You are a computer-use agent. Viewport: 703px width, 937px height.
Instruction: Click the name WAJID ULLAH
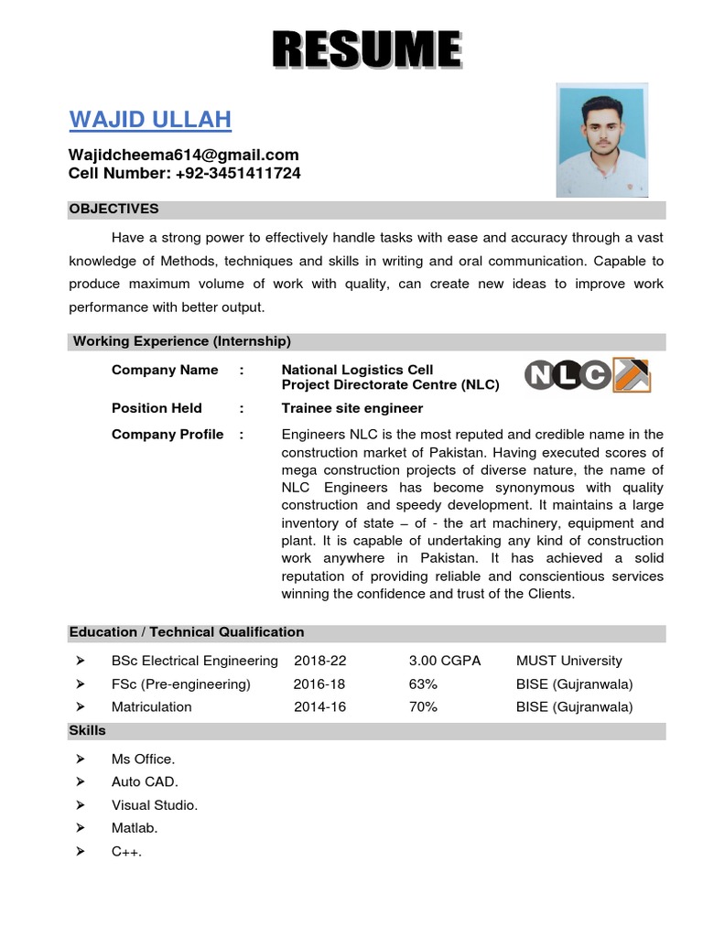click(150, 120)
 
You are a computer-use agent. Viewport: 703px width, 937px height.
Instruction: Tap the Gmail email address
click(184, 155)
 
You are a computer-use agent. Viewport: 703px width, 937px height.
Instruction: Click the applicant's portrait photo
click(602, 140)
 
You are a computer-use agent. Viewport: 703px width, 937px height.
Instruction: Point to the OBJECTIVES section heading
click(114, 209)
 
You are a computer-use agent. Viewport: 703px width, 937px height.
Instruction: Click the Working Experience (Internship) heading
click(181, 341)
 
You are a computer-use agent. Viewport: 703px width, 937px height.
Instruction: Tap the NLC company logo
click(587, 375)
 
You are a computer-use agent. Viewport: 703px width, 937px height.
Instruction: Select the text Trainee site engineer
click(352, 408)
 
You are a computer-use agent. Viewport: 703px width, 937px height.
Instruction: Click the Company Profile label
click(168, 435)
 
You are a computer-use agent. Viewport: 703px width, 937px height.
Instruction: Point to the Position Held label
click(157, 408)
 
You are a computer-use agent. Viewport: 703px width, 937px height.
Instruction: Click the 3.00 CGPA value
click(445, 661)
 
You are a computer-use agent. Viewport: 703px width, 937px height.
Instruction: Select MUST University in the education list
click(568, 661)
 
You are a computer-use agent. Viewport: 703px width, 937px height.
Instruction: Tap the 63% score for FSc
click(424, 684)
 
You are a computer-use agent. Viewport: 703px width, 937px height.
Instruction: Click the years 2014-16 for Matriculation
click(319, 706)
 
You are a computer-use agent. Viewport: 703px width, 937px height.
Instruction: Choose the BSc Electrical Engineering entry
click(194, 661)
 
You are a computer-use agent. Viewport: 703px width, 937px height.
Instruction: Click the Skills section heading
click(87, 730)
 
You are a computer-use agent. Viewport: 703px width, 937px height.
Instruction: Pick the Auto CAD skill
click(145, 781)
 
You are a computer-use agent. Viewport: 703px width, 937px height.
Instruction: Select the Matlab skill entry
click(135, 828)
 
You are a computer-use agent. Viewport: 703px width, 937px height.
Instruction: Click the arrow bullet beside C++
click(81, 851)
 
